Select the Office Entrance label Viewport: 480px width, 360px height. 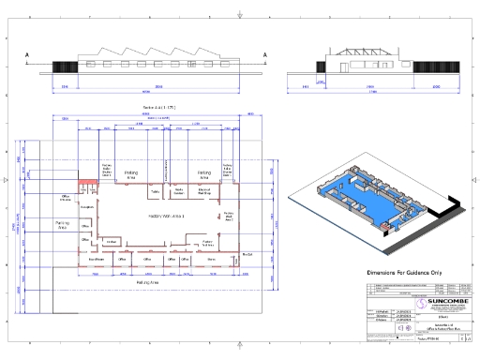pos(65,199)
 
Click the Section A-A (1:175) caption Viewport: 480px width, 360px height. pos(159,109)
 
